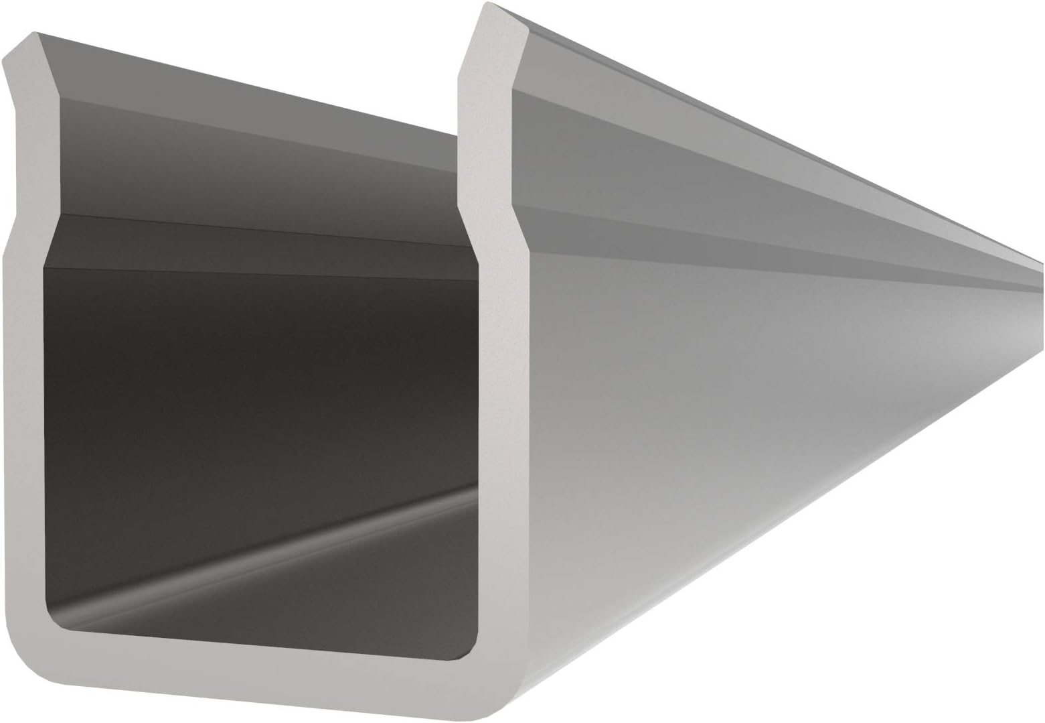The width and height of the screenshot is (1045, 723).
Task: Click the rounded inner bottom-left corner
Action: (x=57, y=620)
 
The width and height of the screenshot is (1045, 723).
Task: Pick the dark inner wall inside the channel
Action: (x=254, y=375)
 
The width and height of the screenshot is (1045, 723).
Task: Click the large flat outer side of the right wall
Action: (x=703, y=402)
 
